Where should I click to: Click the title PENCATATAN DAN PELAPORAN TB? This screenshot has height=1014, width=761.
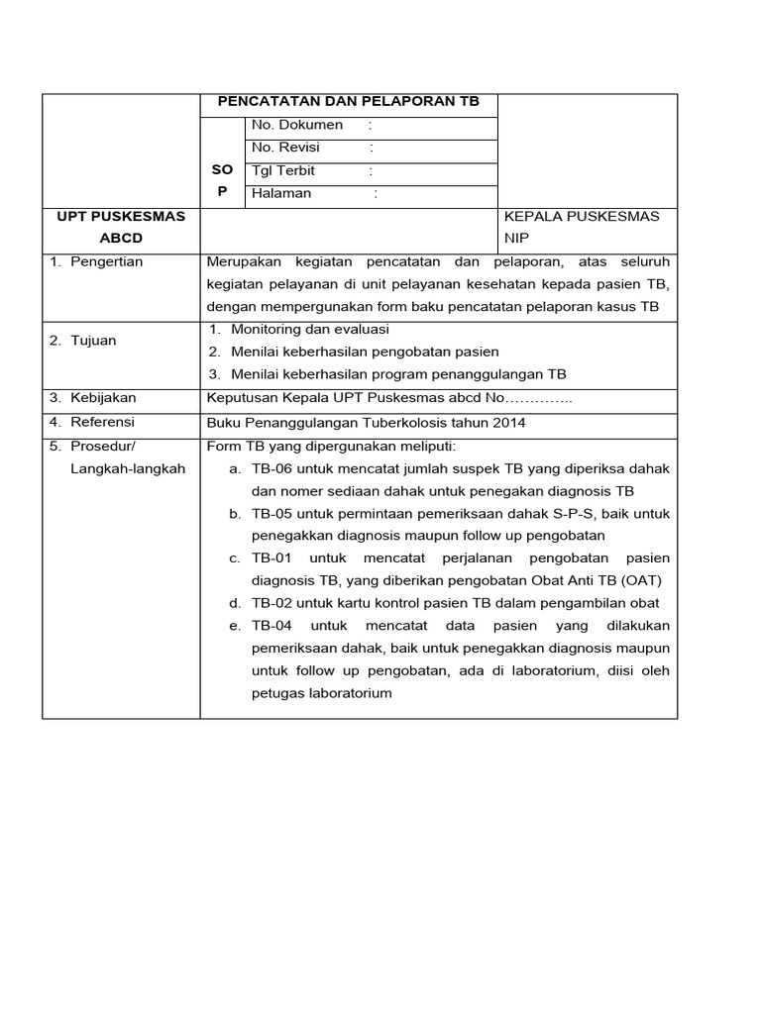coord(348,102)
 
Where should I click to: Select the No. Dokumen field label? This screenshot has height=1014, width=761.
coord(297,125)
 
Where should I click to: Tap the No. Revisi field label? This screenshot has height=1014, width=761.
coord(285,148)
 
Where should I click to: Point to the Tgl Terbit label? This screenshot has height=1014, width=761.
coord(282,170)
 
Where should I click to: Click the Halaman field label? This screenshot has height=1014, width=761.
coord(281,193)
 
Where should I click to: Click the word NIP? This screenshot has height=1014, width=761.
coord(517,239)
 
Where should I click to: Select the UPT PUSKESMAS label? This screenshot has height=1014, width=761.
coord(121,216)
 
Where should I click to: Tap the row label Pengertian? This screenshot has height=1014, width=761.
coord(106,261)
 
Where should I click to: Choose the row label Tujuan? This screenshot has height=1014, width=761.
coord(93,341)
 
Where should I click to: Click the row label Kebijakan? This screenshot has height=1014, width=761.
coord(103,397)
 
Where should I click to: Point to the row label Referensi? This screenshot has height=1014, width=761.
coord(102,422)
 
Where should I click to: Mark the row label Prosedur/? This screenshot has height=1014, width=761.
coord(102,446)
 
